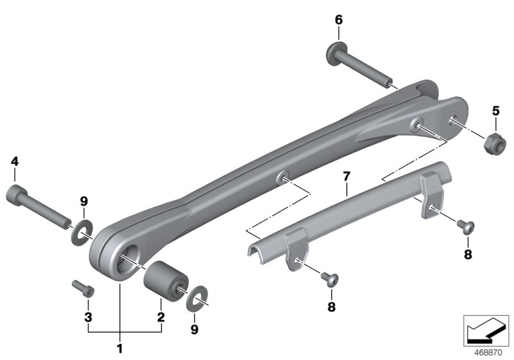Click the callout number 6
pyautogui.click(x=339, y=20)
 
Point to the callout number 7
pyautogui.click(x=346, y=175)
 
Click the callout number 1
pyautogui.click(x=120, y=351)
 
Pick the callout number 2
pyautogui.click(x=161, y=316)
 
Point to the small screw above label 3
pyautogui.click(x=83, y=287)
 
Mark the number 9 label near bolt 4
pyautogui.click(x=84, y=202)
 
